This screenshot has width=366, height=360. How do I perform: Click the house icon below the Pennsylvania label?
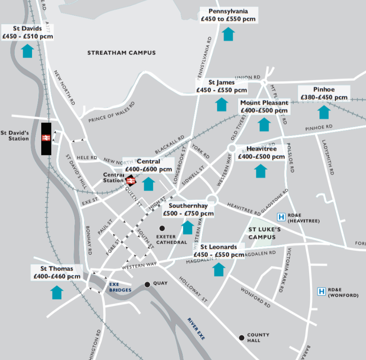tap(228, 34)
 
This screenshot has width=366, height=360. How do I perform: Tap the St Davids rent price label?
tap(28, 33)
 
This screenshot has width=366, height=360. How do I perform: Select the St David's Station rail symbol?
tap(46, 138)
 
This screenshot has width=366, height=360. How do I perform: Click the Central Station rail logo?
tap(130, 180)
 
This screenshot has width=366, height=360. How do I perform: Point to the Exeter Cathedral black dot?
tap(162, 228)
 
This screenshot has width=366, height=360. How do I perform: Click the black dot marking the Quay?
tap(147, 284)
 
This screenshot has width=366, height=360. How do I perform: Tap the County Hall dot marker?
tap(241, 337)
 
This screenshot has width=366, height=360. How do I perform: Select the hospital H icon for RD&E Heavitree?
tap(281, 217)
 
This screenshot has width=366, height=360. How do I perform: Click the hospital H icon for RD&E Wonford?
tap(322, 291)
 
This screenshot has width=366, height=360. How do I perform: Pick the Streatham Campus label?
tap(121, 53)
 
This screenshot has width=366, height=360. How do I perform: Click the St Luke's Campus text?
tap(264, 233)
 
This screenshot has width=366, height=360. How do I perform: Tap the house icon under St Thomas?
tap(57, 292)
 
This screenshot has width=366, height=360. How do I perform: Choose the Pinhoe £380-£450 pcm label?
tap(324, 94)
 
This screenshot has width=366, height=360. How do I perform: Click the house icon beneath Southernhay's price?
tap(188, 227)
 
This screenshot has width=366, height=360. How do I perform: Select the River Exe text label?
tap(195, 329)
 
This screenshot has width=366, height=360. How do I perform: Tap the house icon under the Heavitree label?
tap(261, 171)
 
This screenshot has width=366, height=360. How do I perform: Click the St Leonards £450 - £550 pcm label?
tap(219, 251)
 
